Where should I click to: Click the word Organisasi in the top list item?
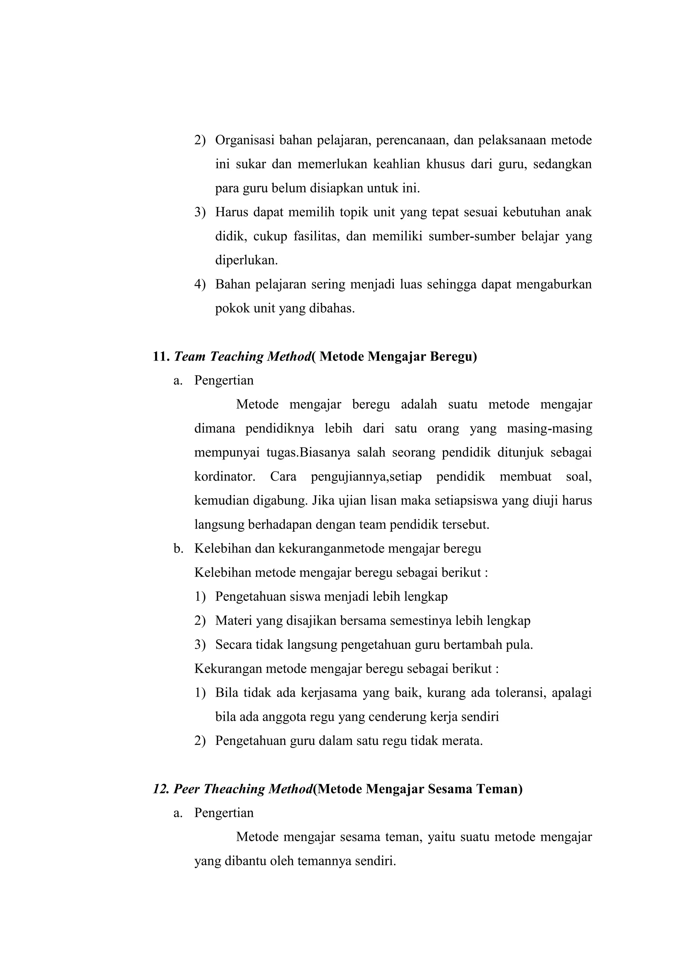[x=244, y=140]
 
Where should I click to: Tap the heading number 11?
[x=161, y=356]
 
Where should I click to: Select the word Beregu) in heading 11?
[x=453, y=356]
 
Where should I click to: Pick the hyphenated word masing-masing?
[x=549, y=428]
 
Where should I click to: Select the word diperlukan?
[x=246, y=260]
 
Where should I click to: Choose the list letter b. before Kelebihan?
[x=178, y=549]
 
